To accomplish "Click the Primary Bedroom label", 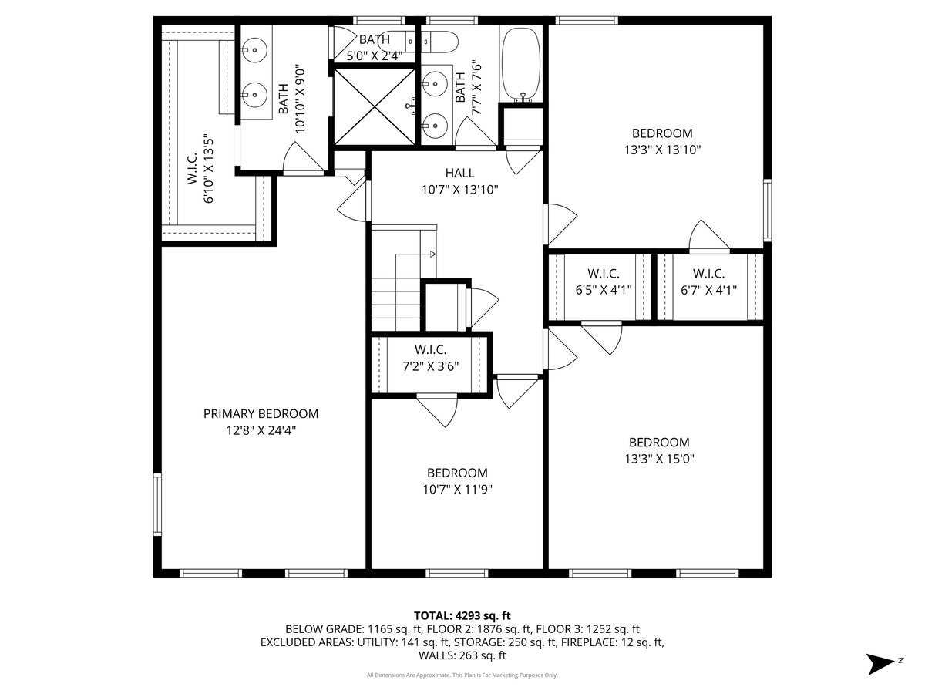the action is pos(261,414).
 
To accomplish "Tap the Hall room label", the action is pos(459,173).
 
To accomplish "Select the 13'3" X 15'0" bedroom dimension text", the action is pos(660,459).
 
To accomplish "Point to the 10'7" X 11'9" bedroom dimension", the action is pos(458,489).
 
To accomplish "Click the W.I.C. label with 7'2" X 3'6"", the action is pos(430,350).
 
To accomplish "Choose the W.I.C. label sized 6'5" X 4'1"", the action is pos(604,274).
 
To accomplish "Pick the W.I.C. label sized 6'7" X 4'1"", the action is pos(709,274).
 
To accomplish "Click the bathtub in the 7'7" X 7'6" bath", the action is pos(521,65).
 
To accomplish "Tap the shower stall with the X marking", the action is pos(374,106).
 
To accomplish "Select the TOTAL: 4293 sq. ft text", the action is pos(462,615).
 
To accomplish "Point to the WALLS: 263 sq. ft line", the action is pos(462,655).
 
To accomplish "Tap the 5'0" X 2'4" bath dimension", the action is pos(375,56).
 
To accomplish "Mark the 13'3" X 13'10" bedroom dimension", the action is pos(662,150).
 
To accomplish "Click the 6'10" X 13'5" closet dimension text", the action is pos(209,169).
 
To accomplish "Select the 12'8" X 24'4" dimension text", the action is pos(261,430).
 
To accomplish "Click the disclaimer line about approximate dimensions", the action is pos(462,675).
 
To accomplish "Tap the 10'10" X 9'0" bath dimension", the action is pos(300,99).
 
